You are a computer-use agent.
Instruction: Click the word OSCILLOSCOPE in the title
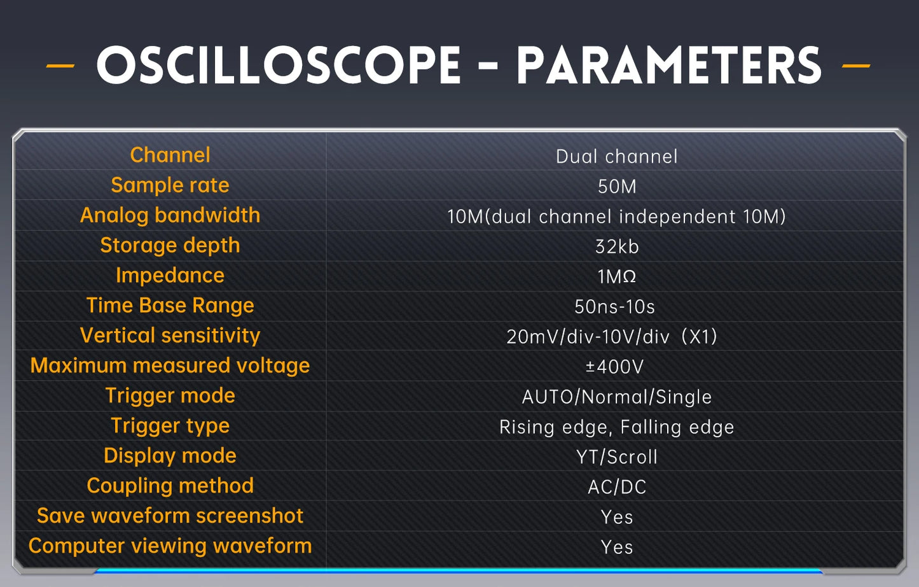pyautogui.click(x=279, y=66)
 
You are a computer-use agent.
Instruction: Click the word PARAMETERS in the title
pyautogui.click(x=668, y=66)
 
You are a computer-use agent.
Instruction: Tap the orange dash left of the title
pyautogui.click(x=60, y=66)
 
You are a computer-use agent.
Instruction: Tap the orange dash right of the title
pyautogui.click(x=855, y=66)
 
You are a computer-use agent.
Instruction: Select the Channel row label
pyautogui.click(x=170, y=155)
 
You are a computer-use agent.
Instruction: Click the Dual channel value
pyautogui.click(x=616, y=157)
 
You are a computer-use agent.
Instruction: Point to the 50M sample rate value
pyautogui.click(x=616, y=187)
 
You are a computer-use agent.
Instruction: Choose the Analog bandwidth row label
pyautogui.click(x=170, y=215)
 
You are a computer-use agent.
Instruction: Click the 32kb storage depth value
pyautogui.click(x=616, y=246)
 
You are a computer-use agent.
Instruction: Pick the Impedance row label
pyautogui.click(x=170, y=275)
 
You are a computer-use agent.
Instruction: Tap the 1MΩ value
pyautogui.click(x=616, y=276)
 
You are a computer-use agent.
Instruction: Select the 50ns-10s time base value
pyautogui.click(x=614, y=307)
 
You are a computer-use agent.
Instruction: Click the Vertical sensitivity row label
pyautogui.click(x=170, y=336)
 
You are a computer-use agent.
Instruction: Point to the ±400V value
pyautogui.click(x=614, y=367)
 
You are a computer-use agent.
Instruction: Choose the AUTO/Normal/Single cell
pyautogui.click(x=616, y=397)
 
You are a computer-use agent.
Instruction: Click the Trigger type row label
pyautogui.click(x=170, y=425)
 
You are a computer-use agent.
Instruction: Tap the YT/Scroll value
pyautogui.click(x=616, y=457)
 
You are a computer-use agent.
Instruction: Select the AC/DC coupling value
pyautogui.click(x=616, y=487)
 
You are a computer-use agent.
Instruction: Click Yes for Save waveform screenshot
pyautogui.click(x=616, y=517)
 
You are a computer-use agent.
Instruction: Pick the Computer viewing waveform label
pyautogui.click(x=170, y=546)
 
